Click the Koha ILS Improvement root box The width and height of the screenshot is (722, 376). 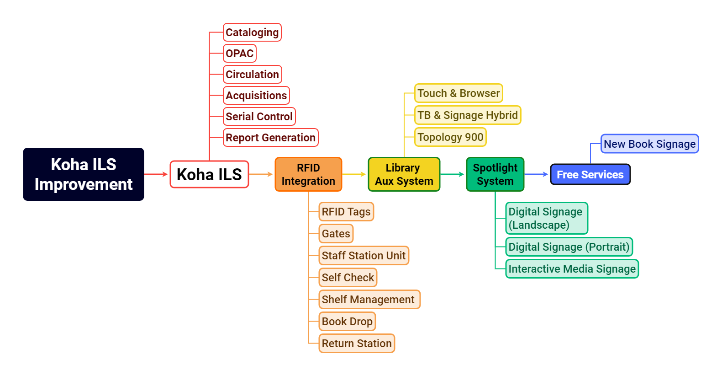[x=84, y=174]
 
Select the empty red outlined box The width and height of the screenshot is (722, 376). [x=209, y=174]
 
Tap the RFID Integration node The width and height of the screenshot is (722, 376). [x=308, y=174]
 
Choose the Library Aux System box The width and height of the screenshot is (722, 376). [x=404, y=174]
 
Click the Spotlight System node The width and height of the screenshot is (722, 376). [x=495, y=174]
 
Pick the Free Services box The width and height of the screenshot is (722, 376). [x=590, y=175]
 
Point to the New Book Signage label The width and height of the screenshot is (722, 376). [x=649, y=144]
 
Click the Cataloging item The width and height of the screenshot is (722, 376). [x=252, y=32]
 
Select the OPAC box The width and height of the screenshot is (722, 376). [x=239, y=54]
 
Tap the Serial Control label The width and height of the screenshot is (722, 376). [x=259, y=117]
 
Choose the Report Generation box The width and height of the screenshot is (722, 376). [x=270, y=138]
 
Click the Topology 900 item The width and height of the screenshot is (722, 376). [x=450, y=137]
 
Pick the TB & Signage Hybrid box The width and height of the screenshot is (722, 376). [x=467, y=115]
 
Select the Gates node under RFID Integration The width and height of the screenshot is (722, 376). [x=336, y=234]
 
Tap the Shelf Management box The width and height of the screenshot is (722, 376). [x=369, y=300]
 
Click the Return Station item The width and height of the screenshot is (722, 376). [x=357, y=344]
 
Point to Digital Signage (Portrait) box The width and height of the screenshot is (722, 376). [x=569, y=247]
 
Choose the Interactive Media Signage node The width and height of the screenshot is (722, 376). [x=572, y=269]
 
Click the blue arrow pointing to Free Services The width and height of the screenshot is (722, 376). [x=537, y=174]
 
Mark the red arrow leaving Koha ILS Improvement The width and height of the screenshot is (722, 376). [x=156, y=174]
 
